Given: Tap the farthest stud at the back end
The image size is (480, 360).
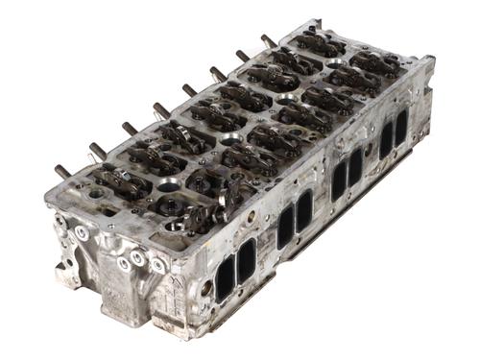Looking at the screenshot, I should click(x=266, y=40).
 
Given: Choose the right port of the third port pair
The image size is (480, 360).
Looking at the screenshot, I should click(x=355, y=167).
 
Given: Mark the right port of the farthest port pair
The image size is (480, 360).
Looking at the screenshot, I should click(x=400, y=128).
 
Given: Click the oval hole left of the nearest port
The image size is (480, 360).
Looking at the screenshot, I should click(x=205, y=287).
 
